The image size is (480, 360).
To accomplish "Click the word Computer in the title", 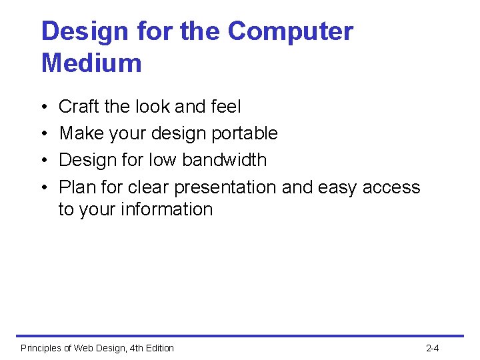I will point(290,32).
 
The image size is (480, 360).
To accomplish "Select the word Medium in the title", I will point(91,63).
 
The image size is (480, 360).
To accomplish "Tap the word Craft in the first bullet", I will point(78,107).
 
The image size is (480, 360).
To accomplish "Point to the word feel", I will point(225,107).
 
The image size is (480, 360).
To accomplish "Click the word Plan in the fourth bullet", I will point(77,187).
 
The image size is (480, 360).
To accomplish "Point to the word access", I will point(391,187).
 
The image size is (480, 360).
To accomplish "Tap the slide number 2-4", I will point(432,348).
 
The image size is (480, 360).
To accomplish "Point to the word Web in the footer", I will point(85,348).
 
